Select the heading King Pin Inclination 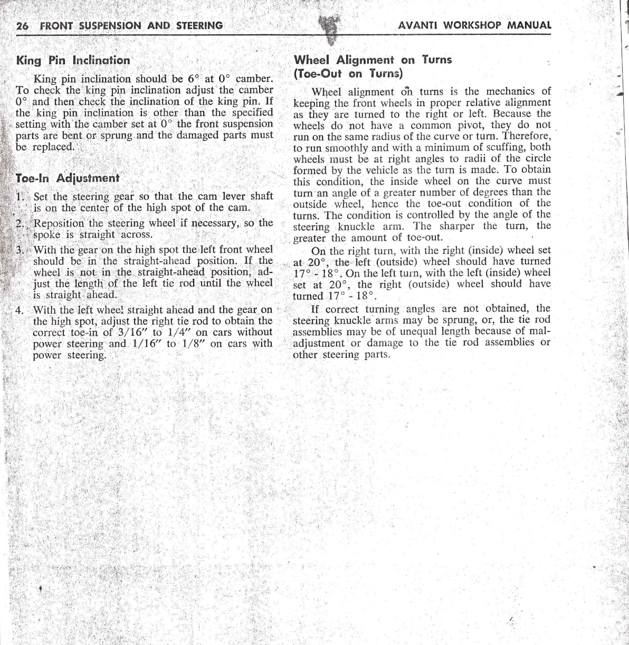point(73,60)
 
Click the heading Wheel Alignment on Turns point(373,60)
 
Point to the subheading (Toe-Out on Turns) point(348,73)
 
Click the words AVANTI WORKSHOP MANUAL point(475,25)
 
